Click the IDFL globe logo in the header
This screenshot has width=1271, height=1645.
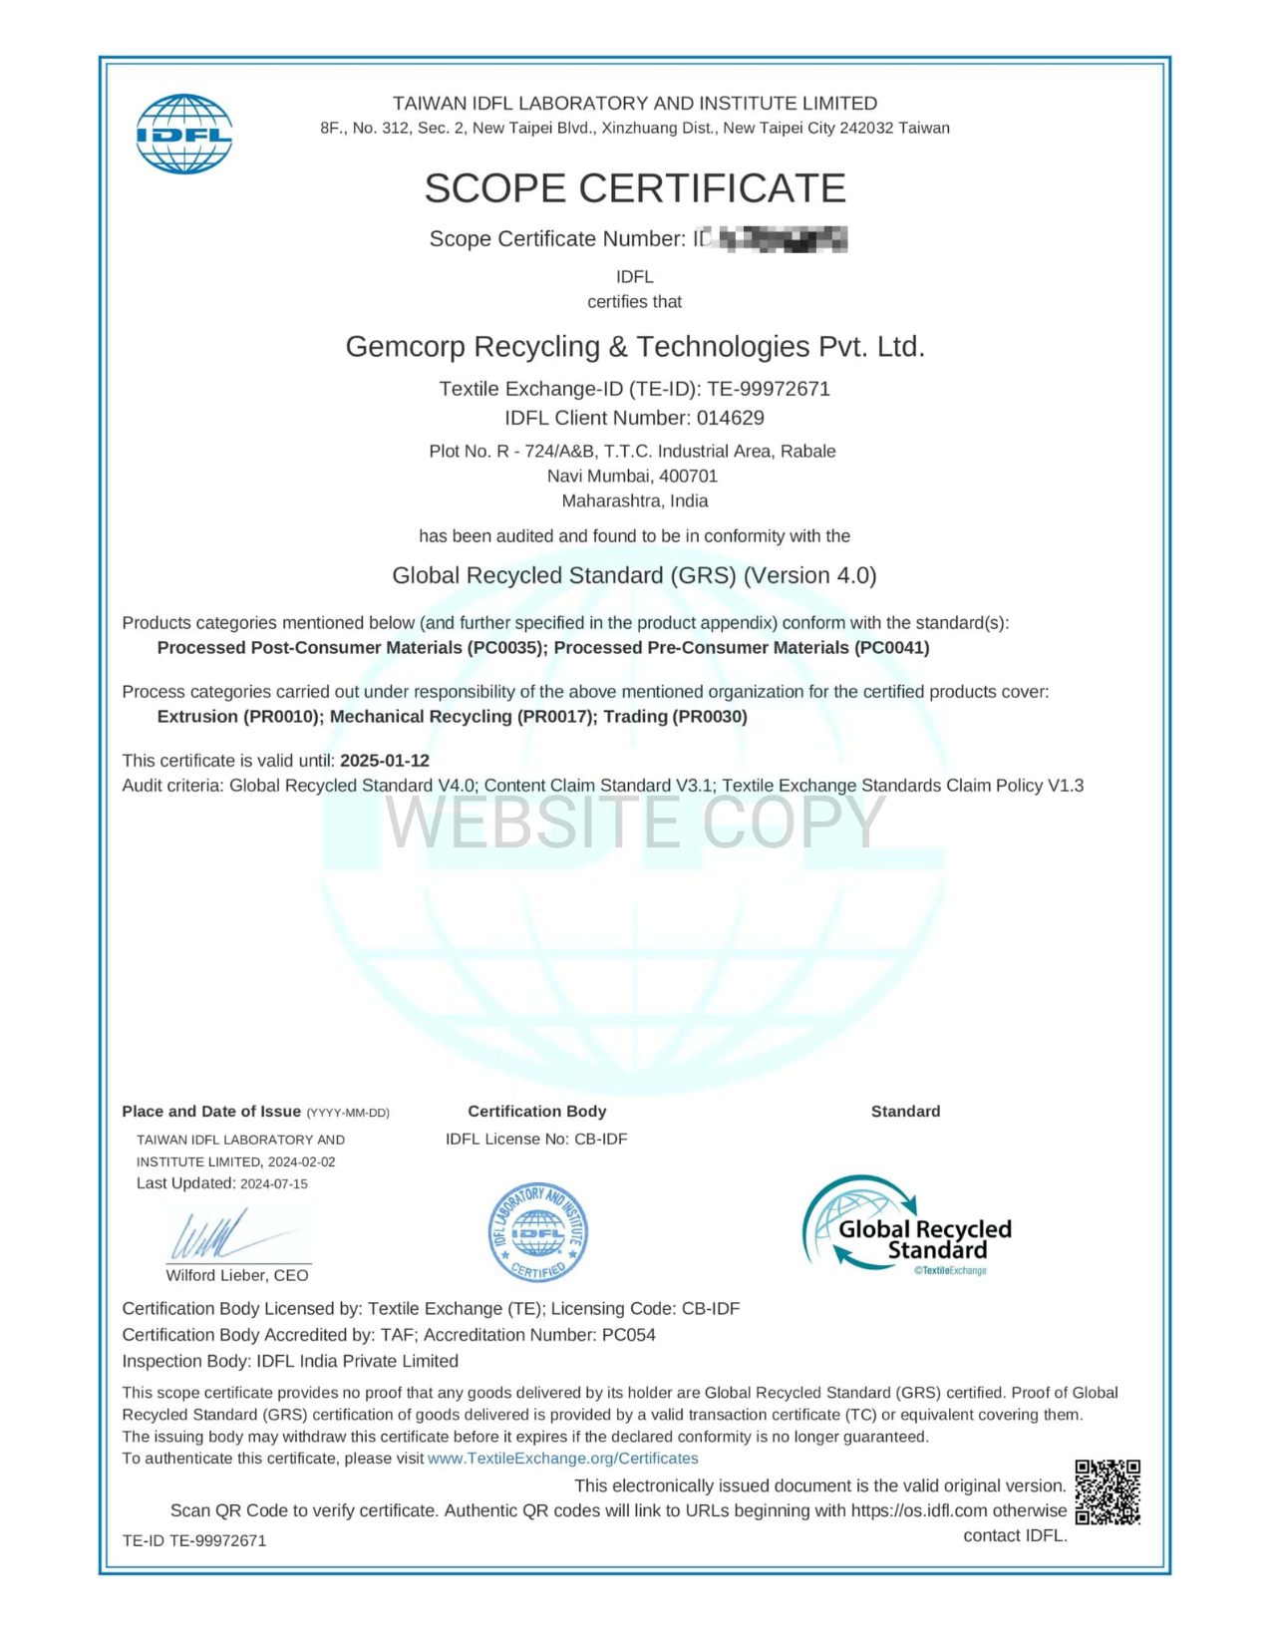point(184,135)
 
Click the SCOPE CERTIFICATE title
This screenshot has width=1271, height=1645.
point(635,188)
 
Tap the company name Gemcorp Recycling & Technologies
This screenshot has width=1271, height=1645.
point(635,347)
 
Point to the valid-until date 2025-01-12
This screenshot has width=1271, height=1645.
point(385,761)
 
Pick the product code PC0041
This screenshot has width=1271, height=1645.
point(891,648)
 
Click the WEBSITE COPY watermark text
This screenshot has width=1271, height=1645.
point(635,822)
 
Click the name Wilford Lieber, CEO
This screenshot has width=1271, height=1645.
point(237,1276)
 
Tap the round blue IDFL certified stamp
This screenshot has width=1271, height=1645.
point(538,1233)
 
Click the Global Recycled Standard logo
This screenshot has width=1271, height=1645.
point(907,1225)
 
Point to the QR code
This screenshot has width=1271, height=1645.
point(1108,1492)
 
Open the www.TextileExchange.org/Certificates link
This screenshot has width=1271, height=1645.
point(563,1459)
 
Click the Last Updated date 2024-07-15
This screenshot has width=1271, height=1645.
point(274,1184)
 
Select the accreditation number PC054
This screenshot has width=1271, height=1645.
point(629,1335)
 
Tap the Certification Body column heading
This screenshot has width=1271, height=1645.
point(536,1112)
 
